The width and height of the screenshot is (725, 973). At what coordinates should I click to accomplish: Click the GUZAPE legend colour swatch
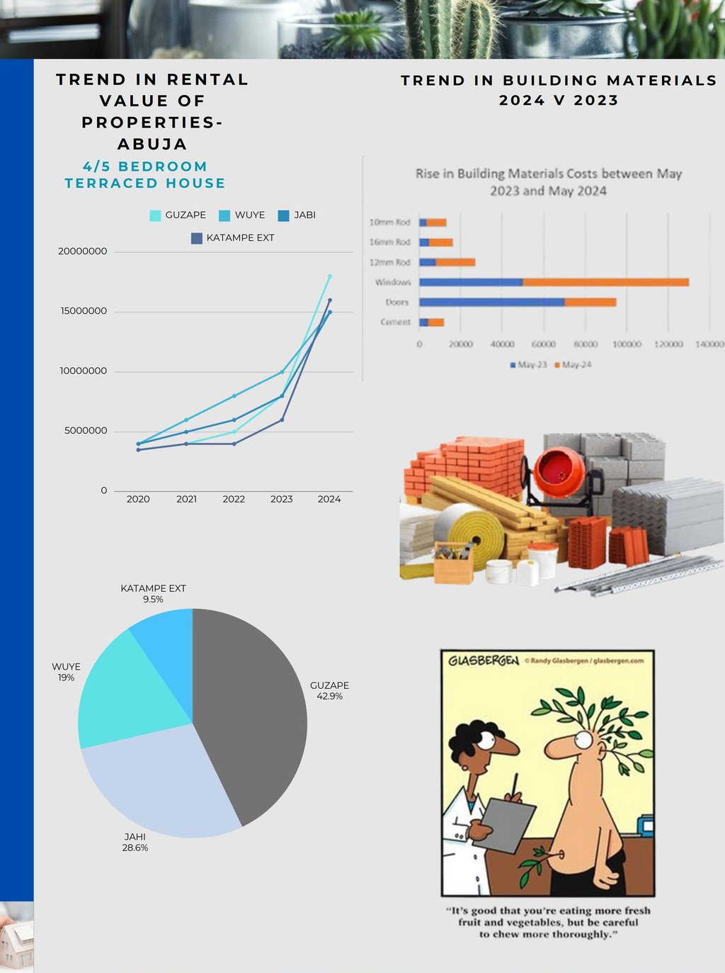155,215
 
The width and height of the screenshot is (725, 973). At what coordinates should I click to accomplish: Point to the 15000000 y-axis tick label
83,311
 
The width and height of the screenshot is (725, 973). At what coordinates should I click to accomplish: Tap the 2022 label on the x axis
234,499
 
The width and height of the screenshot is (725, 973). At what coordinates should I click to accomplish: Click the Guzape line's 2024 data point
329,276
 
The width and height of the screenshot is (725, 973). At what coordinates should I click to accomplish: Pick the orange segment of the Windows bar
605,282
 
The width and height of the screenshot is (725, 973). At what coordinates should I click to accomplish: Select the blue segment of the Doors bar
491,302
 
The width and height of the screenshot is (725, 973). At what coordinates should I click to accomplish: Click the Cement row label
395,322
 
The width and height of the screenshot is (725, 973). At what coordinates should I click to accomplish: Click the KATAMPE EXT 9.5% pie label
153,594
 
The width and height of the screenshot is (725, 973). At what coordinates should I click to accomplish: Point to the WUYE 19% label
66,672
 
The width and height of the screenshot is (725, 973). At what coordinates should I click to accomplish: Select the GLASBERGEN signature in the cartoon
484,660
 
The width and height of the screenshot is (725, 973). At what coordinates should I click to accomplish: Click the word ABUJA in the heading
152,144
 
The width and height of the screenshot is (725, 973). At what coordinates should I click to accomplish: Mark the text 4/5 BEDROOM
145,167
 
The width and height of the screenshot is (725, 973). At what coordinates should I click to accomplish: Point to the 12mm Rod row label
389,262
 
